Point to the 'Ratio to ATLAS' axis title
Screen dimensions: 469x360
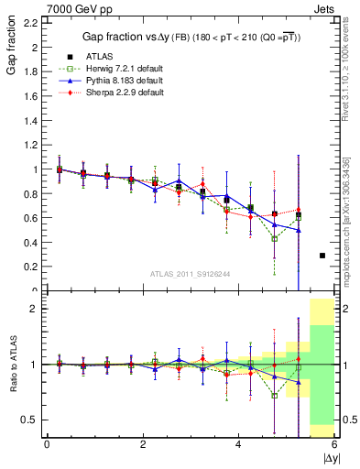[10, 364]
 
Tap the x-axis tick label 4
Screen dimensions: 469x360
[239, 444]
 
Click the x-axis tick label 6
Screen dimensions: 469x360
[334, 444]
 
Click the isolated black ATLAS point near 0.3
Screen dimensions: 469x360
[322, 256]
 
